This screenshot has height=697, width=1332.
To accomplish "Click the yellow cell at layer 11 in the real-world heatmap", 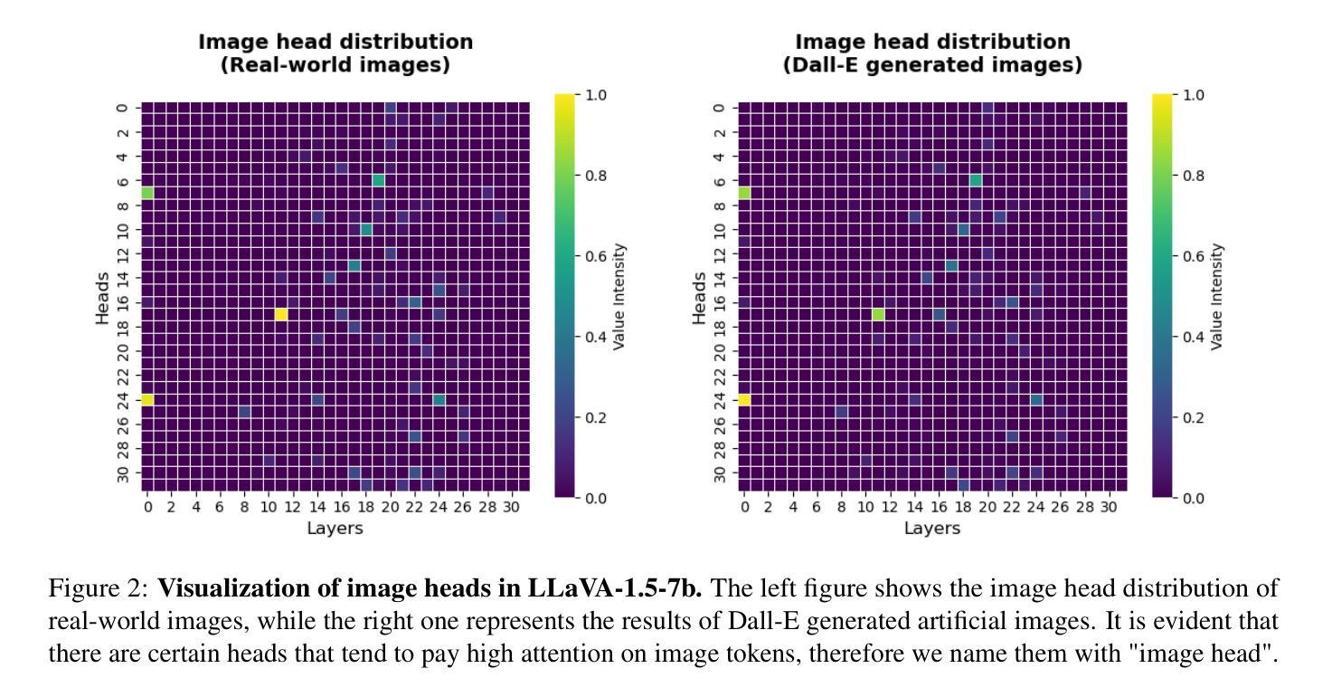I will tap(281, 314).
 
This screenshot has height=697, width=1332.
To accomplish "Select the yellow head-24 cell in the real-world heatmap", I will tap(147, 399).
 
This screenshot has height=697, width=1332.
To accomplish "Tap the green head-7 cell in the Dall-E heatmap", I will tap(744, 193).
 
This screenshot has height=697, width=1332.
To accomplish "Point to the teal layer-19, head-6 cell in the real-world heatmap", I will tap(378, 180).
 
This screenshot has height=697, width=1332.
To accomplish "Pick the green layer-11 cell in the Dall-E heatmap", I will tap(878, 314).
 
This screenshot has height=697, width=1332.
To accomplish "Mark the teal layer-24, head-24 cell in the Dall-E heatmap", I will tap(1036, 399).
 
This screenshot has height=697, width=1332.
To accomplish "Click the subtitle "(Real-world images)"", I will tap(335, 65).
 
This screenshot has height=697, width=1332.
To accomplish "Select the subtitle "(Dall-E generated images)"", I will tap(932, 65).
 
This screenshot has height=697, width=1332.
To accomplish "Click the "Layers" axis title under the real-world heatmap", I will tap(335, 528).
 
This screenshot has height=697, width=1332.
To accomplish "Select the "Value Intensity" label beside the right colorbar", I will tap(1217, 297).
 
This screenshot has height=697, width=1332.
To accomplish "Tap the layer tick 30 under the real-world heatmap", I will tap(511, 507).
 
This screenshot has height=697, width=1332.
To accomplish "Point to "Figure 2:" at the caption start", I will tap(99, 589).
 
